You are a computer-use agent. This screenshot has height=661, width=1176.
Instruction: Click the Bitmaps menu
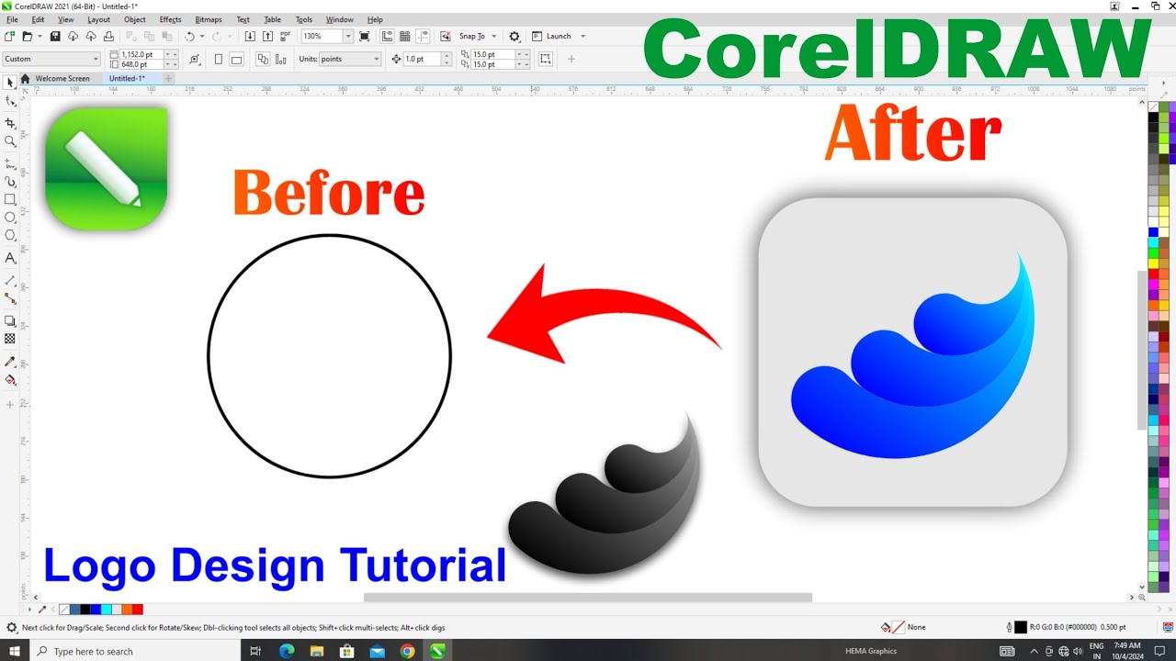208,19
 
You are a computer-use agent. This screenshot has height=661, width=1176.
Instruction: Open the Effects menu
170,19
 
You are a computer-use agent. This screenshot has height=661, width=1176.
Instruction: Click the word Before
329,194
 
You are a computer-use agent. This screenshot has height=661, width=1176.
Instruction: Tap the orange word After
912,134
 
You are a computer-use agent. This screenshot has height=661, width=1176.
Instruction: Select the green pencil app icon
106,168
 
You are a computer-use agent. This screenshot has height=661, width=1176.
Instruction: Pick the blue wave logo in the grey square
914,367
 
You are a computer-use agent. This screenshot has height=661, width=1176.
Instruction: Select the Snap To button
472,37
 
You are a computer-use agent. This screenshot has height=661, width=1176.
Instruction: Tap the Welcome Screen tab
62,79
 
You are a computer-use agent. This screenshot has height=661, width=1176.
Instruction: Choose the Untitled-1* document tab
127,79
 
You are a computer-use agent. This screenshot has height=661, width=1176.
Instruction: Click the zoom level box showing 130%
322,37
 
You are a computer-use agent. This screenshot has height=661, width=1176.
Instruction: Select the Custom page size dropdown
51,59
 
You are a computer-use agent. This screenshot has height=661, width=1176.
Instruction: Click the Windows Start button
15,651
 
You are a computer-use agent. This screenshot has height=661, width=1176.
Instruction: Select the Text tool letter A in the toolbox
10,259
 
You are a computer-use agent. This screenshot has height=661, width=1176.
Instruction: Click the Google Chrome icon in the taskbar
407,651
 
